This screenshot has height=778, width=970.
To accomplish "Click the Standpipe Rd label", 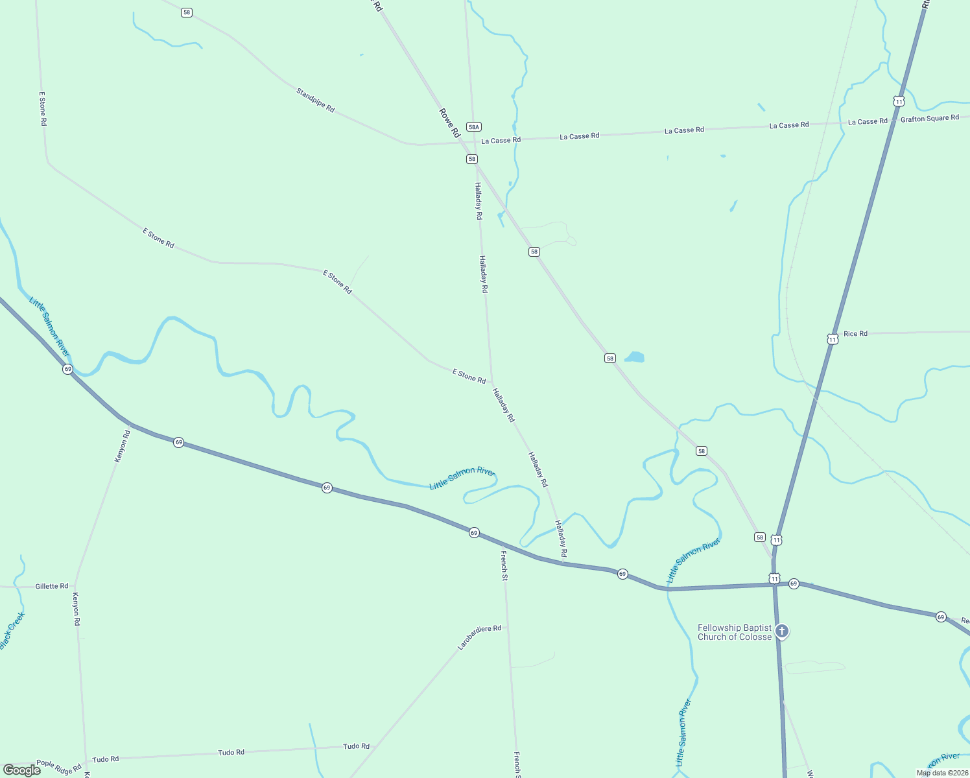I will click(315, 100).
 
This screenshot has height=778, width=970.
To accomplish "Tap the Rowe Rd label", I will click(449, 123).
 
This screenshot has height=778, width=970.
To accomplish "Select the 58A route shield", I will click(474, 127).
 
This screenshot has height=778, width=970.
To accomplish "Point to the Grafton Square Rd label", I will click(929, 119).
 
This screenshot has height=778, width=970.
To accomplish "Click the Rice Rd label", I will click(855, 334).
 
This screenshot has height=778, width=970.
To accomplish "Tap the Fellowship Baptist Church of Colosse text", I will click(735, 632).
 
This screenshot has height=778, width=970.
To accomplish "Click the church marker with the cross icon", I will click(782, 631).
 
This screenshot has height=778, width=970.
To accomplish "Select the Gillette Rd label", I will click(52, 586).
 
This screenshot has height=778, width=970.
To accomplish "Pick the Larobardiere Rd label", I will click(479, 637).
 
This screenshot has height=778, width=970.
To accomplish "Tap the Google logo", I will click(21, 770).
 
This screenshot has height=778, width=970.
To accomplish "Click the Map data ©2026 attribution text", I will click(942, 773).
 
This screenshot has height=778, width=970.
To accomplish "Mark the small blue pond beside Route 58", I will click(635, 357).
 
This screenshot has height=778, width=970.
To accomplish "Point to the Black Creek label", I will click(12, 631).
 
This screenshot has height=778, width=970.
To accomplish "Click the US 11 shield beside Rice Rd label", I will click(833, 339).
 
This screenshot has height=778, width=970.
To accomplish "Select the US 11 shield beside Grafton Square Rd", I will click(898, 101).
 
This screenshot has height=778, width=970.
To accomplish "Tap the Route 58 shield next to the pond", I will click(609, 359).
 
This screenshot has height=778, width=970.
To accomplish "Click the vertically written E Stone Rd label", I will click(43, 108).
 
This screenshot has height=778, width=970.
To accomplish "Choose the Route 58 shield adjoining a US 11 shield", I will click(760, 537).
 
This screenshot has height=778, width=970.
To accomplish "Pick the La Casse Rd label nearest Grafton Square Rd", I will click(868, 121).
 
